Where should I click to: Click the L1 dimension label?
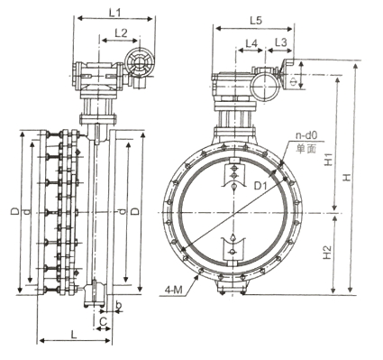click(x=114, y=13)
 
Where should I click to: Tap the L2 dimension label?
click(x=121, y=33)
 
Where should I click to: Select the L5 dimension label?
click(x=256, y=21)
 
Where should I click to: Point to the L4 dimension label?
click(x=251, y=43)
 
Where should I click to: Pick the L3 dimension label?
click(x=281, y=42)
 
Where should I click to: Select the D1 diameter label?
click(x=260, y=186)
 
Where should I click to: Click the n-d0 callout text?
click(x=306, y=135)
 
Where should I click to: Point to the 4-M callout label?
click(x=173, y=291)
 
